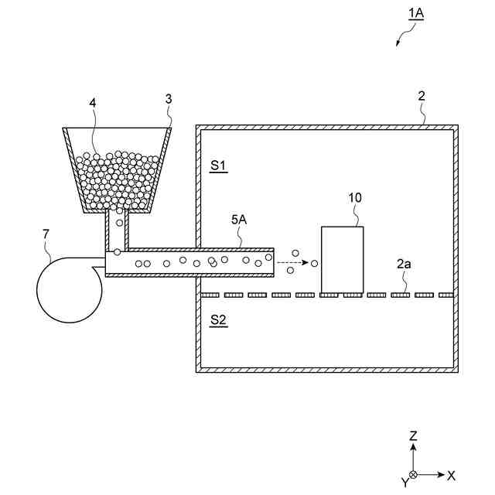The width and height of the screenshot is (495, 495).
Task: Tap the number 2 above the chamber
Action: click(422, 97)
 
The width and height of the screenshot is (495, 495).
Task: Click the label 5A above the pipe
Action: click(239, 220)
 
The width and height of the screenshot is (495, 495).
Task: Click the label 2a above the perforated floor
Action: click(404, 264)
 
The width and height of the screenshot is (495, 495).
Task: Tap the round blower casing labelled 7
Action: click(68, 290)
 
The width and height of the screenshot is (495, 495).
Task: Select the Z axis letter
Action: click(414, 435)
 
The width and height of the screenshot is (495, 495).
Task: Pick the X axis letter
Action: click(451, 475)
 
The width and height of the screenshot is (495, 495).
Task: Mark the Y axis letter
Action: click(403, 483)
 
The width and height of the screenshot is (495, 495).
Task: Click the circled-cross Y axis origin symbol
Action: click(414, 474)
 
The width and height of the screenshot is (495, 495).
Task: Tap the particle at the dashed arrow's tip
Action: click(315, 264)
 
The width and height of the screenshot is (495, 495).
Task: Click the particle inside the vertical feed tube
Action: click(119, 222)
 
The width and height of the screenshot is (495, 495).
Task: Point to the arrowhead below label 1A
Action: click(398, 43)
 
